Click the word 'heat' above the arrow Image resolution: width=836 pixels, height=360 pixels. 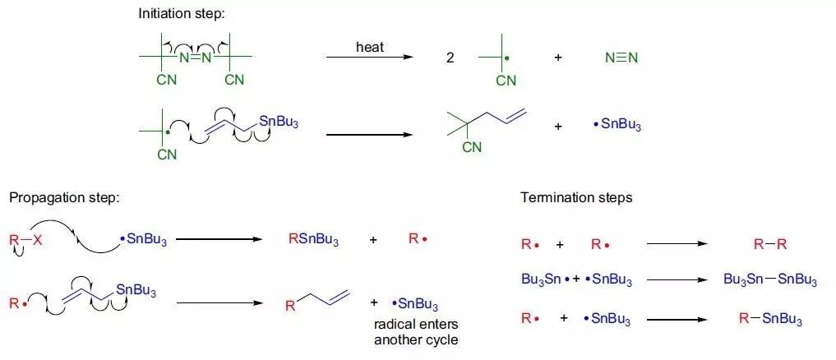coord(370,47)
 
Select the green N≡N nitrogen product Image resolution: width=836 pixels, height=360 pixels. coord(621,58)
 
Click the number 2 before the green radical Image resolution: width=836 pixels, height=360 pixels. coord(450,58)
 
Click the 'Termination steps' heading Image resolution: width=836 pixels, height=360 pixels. coord(576,198)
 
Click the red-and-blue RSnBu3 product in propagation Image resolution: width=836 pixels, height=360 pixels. coord(313,240)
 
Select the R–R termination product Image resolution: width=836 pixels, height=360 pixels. coord(770,244)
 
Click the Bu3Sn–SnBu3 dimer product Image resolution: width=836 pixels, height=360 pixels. coord(770,280)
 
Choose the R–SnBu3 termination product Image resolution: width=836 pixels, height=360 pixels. coord(770,318)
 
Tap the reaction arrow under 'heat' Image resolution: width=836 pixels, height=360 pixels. coord(369,58)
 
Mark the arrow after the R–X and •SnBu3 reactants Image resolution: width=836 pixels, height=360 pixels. coord(219,240)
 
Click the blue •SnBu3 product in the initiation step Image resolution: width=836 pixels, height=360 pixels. coord(617,126)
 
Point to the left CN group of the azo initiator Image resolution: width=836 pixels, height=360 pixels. coord(167,80)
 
